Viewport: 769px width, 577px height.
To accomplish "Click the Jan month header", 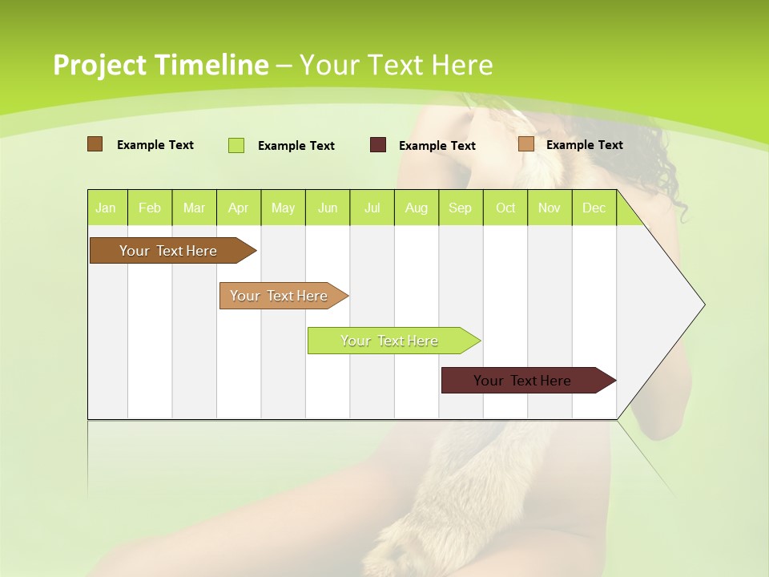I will coord(106,208).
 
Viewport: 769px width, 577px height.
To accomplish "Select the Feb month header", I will coord(150,208).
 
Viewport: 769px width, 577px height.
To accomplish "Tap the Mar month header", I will coord(194,208).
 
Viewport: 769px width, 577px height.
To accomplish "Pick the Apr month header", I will coord(239,208).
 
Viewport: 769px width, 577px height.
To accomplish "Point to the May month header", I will coord(283,208).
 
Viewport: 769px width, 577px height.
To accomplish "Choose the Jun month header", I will coord(328,208).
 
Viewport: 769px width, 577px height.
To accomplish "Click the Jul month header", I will coord(372,208).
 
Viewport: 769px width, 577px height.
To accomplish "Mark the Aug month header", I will coord(417,208).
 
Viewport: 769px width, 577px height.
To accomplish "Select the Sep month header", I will coord(461,208).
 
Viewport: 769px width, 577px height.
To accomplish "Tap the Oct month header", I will coord(505,208).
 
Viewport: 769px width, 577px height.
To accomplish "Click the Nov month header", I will coord(550,208).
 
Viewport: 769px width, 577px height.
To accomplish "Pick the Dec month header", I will coord(594,208).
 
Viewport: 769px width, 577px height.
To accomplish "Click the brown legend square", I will coord(95,144).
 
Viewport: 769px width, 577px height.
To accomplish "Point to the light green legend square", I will coord(236,145).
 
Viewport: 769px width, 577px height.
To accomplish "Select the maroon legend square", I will coord(378,145).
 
